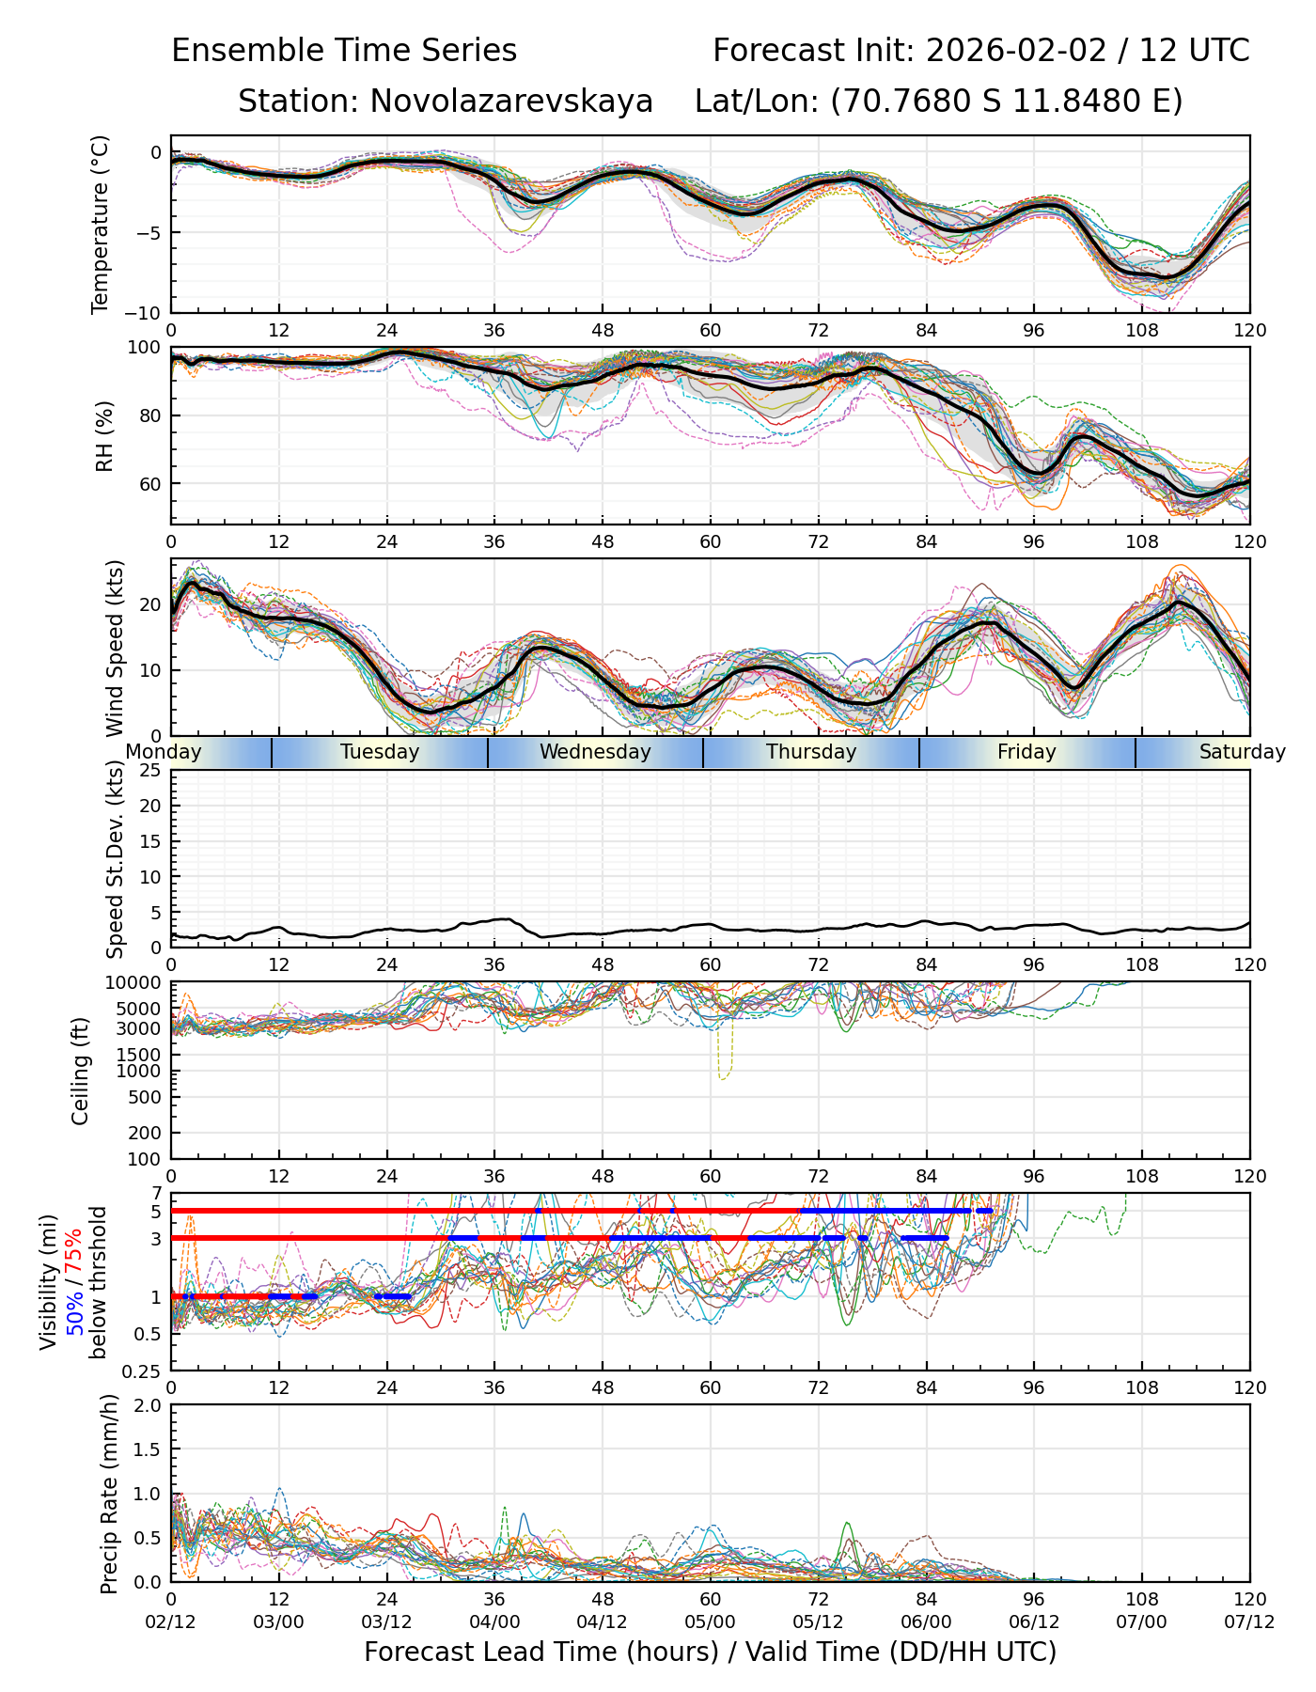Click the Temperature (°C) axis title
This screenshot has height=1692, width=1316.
click(x=101, y=224)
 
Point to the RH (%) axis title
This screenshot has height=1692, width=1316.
click(x=103, y=435)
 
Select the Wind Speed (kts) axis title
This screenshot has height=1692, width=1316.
click(x=115, y=648)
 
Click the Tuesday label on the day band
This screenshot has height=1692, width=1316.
click(x=380, y=752)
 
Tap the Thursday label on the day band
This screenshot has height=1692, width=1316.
click(x=811, y=752)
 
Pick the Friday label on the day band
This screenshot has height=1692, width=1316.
click(x=1026, y=752)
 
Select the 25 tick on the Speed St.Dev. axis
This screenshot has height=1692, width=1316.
click(x=150, y=771)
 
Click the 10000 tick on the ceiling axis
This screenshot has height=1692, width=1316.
click(x=135, y=983)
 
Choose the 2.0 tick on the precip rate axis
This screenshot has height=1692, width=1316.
click(x=149, y=1405)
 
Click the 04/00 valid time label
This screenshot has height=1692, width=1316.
click(x=494, y=1622)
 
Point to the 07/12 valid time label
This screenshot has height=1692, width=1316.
click(x=1249, y=1622)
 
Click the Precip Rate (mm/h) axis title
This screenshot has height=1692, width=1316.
click(x=109, y=1493)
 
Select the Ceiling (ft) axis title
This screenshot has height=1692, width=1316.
click(x=81, y=1071)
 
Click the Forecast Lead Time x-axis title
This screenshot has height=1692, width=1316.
click(x=710, y=1652)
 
